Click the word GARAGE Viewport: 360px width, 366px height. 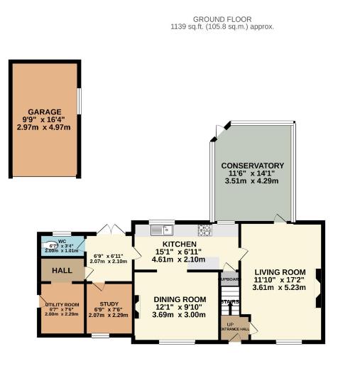tap(45, 112)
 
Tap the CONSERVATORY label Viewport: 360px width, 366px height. tap(252, 165)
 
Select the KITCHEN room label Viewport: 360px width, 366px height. tap(179, 244)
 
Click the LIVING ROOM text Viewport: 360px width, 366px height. tap(279, 271)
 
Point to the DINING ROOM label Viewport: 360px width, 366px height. tap(180, 298)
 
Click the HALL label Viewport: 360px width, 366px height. tap(62, 271)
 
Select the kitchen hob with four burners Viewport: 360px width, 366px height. tap(204, 230)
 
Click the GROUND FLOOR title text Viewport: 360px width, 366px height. tap(222, 19)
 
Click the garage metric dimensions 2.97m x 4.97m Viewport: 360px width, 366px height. tap(45, 128)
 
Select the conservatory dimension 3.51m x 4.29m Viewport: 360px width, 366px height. tap(252, 181)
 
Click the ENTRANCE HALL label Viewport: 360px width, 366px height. tap(234, 329)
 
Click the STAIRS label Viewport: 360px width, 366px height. tap(229, 302)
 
